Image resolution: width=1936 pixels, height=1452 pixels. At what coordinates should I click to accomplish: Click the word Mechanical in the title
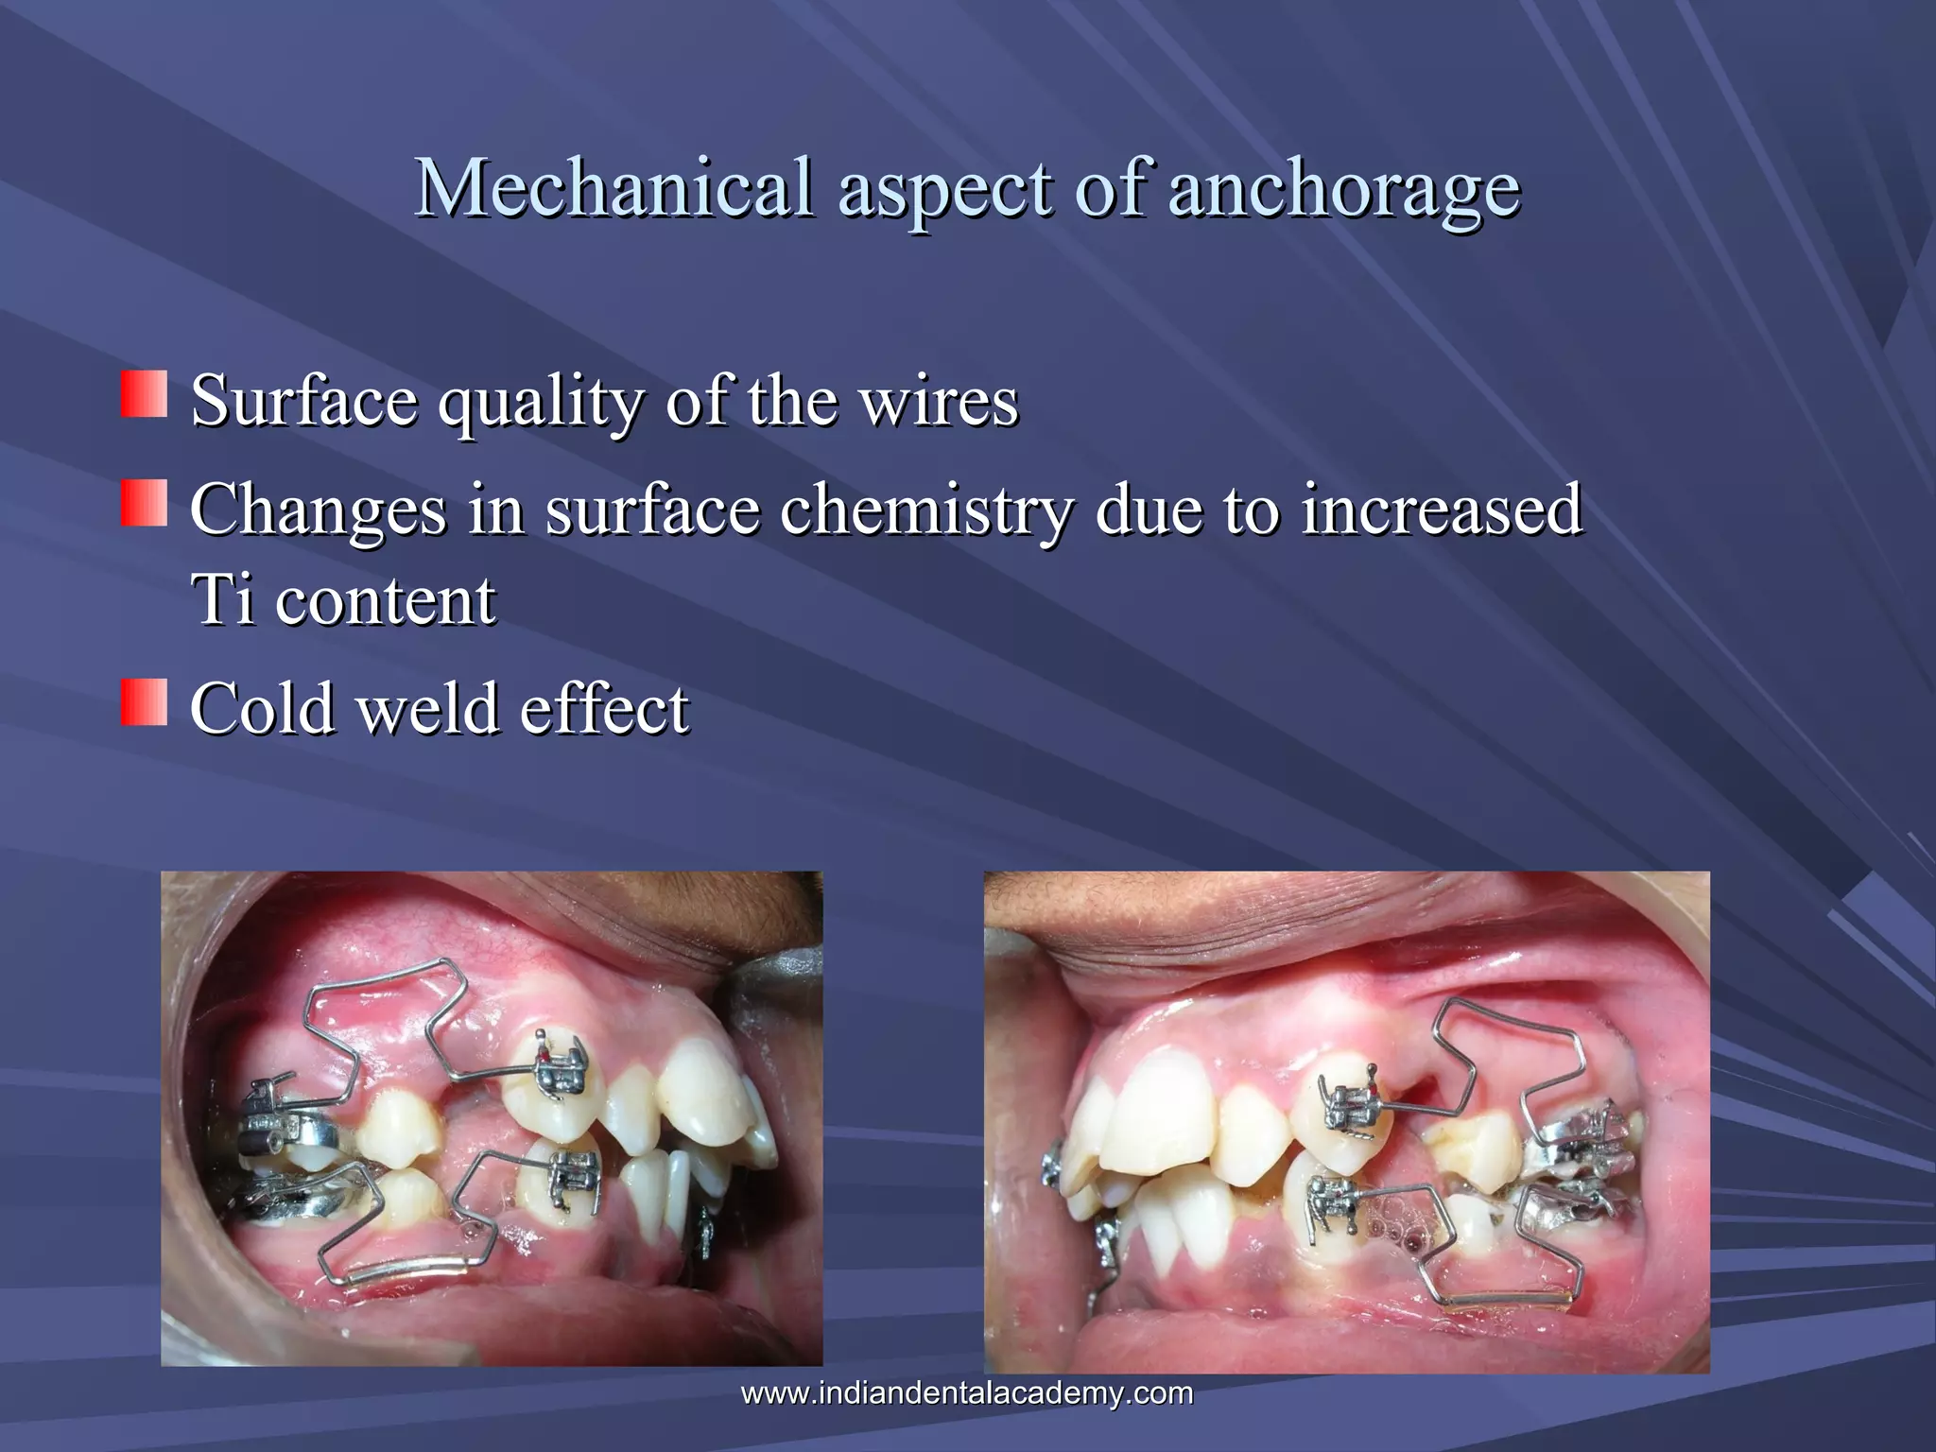point(614,186)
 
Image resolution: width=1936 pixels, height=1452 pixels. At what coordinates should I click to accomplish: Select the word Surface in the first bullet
point(303,400)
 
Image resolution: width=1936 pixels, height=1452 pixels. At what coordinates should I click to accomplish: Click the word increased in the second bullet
point(1442,509)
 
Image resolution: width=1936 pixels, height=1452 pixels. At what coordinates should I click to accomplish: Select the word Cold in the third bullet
point(262,708)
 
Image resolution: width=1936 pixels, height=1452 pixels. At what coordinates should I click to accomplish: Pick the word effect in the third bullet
point(605,708)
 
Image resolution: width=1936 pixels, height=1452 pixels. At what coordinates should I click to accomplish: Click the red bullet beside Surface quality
point(144,394)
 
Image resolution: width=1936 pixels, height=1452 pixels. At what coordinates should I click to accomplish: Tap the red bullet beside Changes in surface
point(144,502)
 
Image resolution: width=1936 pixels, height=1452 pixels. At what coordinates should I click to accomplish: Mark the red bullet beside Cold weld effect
point(144,702)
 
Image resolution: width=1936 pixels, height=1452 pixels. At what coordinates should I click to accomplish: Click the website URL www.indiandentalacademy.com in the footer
point(966,1392)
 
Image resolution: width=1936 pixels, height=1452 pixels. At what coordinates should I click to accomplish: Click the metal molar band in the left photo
point(284,1131)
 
